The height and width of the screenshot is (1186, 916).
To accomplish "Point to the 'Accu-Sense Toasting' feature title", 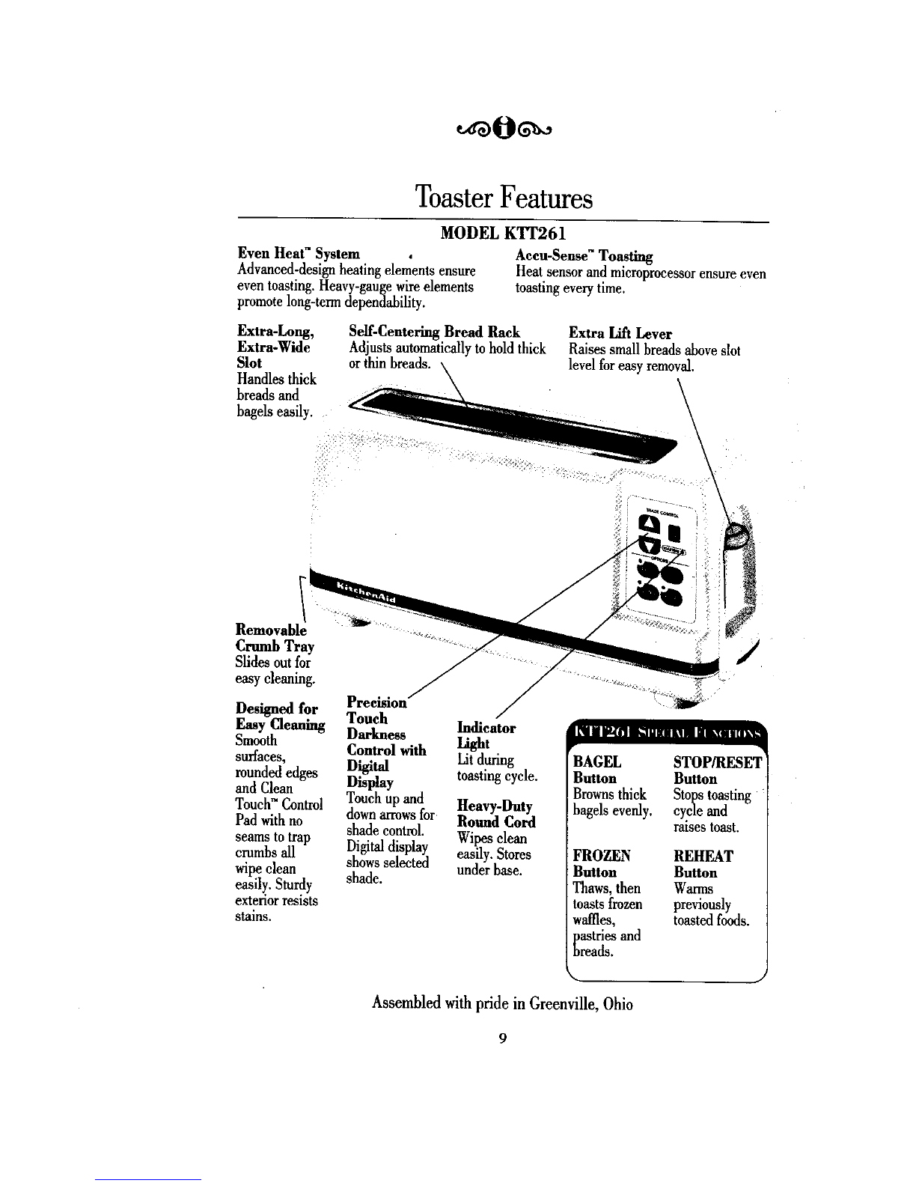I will point(584,256).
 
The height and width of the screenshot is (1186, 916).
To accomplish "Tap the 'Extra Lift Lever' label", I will point(620,334).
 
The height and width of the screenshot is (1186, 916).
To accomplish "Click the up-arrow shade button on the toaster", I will point(647,526).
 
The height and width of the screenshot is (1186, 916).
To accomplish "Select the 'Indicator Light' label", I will point(486,735).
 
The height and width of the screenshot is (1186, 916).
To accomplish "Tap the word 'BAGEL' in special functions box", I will point(596,762).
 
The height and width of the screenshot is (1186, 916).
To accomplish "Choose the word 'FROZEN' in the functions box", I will point(600,856).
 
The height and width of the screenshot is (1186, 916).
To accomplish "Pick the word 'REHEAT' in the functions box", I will point(703,856).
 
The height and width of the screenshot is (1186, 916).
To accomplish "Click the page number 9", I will point(503,1038).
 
